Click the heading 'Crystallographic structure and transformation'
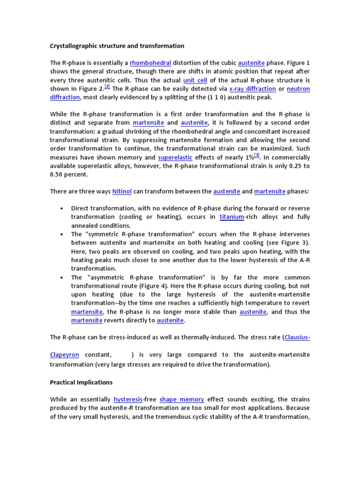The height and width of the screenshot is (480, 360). [117, 46]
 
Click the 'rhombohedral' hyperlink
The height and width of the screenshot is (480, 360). [150, 63]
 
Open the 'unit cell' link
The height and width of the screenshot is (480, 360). [195, 80]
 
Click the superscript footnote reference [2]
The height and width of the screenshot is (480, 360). [107, 87]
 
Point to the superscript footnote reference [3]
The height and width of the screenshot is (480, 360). [257, 155]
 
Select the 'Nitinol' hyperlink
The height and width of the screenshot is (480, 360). [122, 191]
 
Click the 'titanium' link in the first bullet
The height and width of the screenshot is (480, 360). [232, 217]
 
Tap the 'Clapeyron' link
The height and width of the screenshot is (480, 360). [64, 355]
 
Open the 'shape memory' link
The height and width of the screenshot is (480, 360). [181, 399]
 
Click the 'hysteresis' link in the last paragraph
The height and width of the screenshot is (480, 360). [128, 399]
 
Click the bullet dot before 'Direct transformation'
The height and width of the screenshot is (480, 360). [61, 208]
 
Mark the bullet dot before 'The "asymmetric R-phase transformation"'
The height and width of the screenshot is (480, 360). [61, 277]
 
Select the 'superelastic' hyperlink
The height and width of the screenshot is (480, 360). [175, 157]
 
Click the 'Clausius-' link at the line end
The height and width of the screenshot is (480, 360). [298, 337]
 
